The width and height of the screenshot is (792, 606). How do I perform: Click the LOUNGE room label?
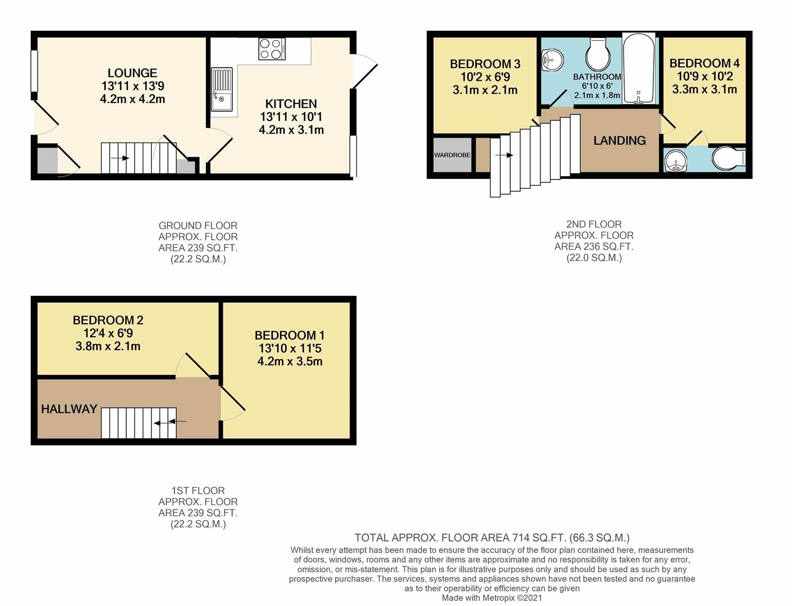coord(132,73)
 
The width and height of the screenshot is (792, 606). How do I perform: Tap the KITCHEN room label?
coord(291,104)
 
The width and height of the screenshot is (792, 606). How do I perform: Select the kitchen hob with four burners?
coord(272,49)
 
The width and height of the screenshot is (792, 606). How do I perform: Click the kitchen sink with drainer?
coord(222,89)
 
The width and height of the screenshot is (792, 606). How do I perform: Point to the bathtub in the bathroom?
coord(639,68)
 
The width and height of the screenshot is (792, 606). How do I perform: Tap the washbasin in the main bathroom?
coord(552,59)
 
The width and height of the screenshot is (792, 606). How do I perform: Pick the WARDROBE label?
coord(452,155)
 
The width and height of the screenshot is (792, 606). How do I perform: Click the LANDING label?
coord(620,141)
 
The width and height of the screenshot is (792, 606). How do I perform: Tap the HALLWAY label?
coord(69,409)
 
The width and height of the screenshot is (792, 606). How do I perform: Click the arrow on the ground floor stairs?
coord(120,158)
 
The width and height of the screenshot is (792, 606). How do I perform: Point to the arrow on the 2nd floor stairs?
coord(504,155)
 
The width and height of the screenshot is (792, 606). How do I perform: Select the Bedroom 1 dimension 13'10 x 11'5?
coord(290,348)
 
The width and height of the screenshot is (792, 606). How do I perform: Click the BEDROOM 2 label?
coord(108,320)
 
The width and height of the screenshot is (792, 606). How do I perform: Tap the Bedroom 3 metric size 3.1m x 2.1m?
coord(486,90)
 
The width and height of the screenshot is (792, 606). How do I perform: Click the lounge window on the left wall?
coord(34,71)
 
